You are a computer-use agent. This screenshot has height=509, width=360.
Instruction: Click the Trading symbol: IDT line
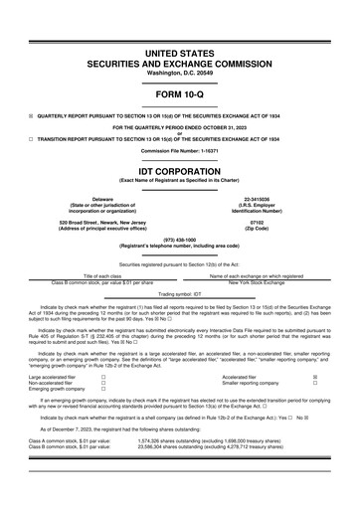[179, 294]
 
